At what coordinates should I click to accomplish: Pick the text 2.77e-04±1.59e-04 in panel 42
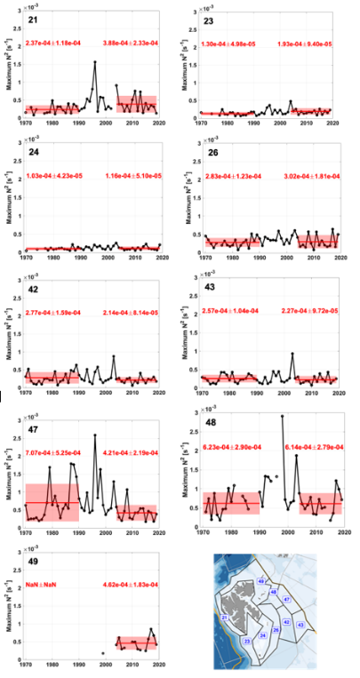(x=56, y=314)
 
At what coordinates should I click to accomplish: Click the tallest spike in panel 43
(x=292, y=354)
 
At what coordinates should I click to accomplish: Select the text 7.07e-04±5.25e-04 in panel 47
(x=56, y=451)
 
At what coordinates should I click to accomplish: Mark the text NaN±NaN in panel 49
(x=42, y=586)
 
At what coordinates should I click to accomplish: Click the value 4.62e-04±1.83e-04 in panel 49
(x=134, y=586)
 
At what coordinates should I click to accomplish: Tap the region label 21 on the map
(x=225, y=618)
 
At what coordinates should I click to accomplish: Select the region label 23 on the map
(x=246, y=639)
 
